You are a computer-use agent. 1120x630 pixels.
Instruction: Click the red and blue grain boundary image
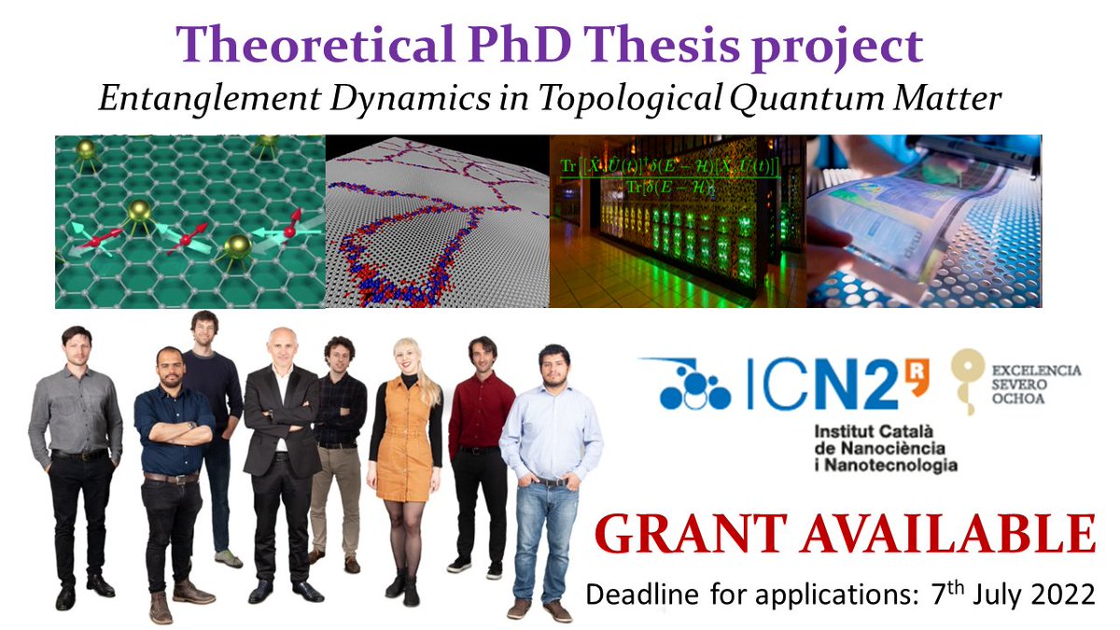pyautogui.click(x=437, y=221)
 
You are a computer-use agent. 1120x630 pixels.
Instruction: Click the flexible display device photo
pyautogui.click(x=924, y=221)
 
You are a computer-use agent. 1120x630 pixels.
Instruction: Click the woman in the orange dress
pyautogui.click(x=404, y=448)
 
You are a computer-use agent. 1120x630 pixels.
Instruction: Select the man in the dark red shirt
pyautogui.click(x=481, y=439)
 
